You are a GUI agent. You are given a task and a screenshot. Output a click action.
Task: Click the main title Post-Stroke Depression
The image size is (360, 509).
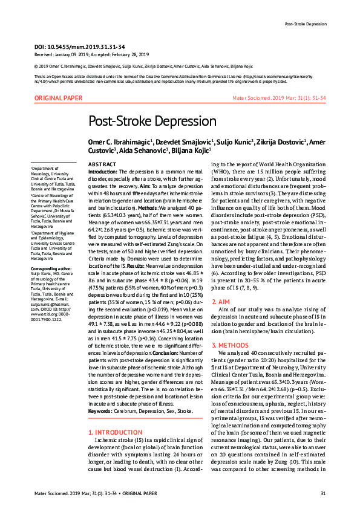coord(152,121)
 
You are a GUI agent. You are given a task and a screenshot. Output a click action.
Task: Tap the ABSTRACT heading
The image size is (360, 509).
coord(102,164)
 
